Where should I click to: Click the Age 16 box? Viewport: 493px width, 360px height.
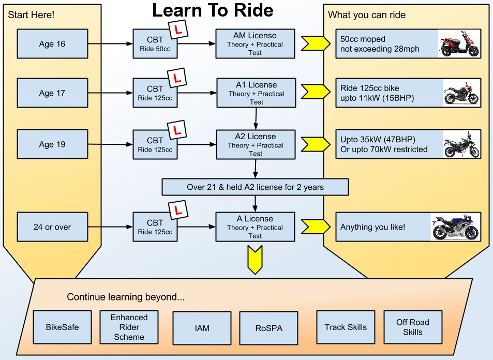point(52,44)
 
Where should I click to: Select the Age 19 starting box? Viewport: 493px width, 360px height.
point(52,144)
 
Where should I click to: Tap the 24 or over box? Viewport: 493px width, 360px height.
point(52,227)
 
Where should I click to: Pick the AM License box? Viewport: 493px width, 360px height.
point(255,44)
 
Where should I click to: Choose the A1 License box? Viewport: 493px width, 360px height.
point(255,93)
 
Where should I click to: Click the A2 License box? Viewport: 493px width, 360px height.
point(255,144)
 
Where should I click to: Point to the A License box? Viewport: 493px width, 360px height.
point(255,227)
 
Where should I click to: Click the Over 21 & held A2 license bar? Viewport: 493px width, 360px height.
point(255,187)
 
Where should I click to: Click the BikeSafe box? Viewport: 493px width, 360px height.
point(62,327)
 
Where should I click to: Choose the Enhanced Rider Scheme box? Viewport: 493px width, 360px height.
point(129,327)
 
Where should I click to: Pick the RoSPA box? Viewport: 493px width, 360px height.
point(269,327)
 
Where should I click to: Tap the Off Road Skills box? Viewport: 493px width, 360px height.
point(413,327)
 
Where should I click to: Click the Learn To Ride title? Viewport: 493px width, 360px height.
point(212,10)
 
